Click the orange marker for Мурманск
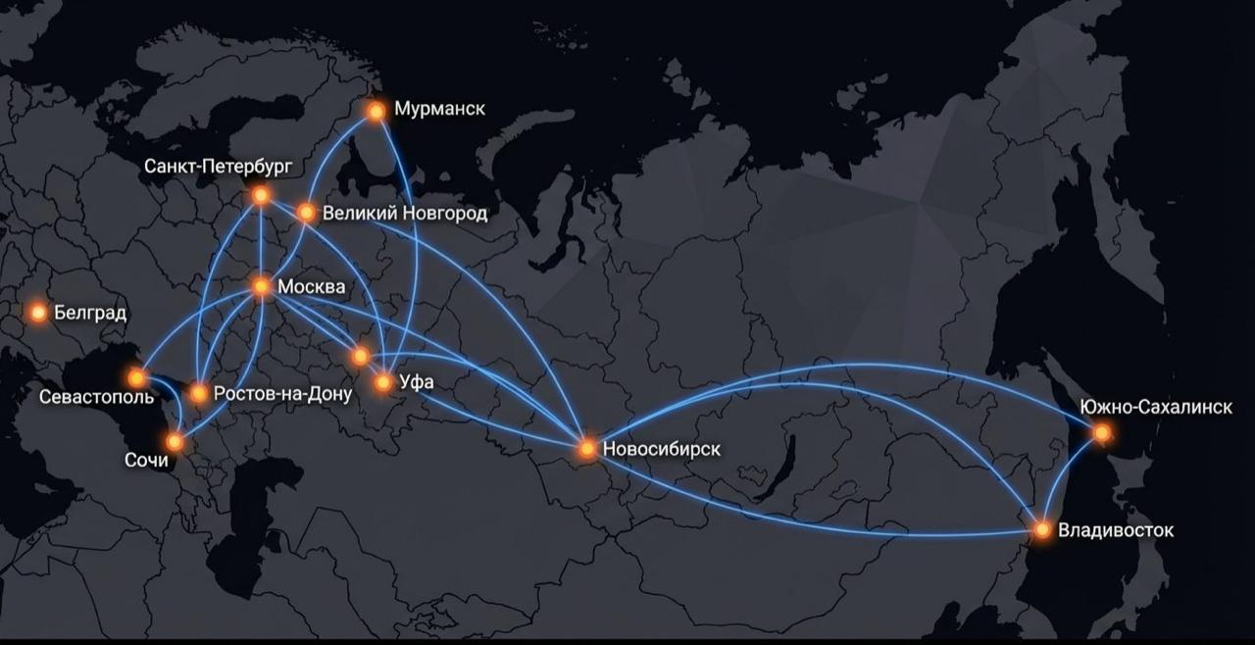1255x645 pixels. pos(376,111)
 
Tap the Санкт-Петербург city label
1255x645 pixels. pos(218,166)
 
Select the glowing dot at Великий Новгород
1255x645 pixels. pos(306,213)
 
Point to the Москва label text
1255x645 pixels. pos(312,287)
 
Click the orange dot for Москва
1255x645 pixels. pos(262,286)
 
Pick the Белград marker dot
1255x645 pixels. pos(38,313)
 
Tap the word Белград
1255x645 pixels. pos(90,313)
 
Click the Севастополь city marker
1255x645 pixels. pos(137,376)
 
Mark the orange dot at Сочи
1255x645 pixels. pos(175,441)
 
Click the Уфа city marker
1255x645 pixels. pos(383,382)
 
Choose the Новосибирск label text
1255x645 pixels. pos(662,449)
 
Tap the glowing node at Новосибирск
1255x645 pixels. pos(586,448)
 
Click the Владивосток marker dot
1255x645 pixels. pos(1042,529)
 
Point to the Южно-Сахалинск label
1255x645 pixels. pos(1155,407)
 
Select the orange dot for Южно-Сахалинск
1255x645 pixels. pos(1102,432)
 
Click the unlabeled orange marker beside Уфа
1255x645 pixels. pos(361,355)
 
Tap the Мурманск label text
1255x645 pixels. pos(439,109)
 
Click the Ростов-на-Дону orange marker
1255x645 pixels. pos(199,394)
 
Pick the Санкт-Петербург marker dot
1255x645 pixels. pos(261,195)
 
